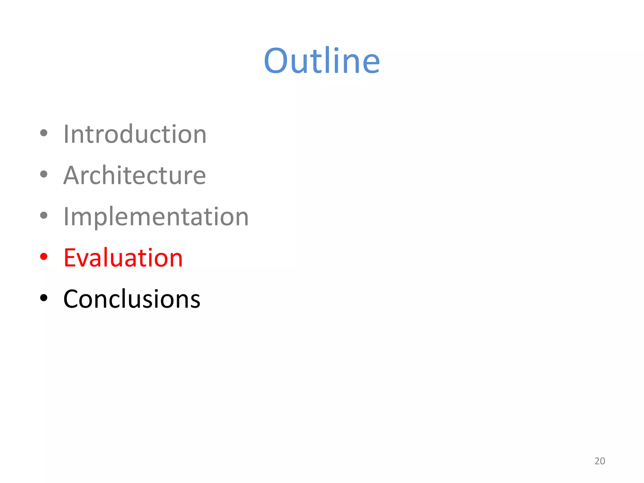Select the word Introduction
(135, 134)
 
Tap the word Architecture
(135, 175)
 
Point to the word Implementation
(156, 217)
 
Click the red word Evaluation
(123, 258)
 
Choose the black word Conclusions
(132, 299)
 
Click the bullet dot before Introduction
(44, 133)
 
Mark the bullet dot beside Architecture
(44, 174)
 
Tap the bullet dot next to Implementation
(44, 215)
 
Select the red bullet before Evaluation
(44, 257)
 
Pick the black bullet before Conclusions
(44, 298)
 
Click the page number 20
(600, 461)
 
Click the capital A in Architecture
(73, 175)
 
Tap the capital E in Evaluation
(70, 258)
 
